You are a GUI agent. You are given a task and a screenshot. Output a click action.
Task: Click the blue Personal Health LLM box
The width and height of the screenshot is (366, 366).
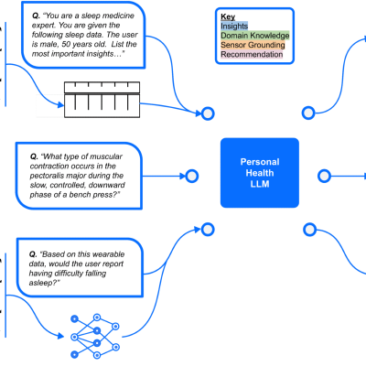click(x=260, y=173)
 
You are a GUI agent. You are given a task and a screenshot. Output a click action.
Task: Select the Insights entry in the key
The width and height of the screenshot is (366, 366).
click(x=234, y=26)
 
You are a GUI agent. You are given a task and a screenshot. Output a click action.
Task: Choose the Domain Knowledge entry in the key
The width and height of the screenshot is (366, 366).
click(x=255, y=36)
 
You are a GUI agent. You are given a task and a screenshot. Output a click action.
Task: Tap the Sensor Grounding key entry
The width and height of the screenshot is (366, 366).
click(x=253, y=45)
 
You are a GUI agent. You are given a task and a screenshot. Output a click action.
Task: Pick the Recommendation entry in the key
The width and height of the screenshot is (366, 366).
click(x=252, y=54)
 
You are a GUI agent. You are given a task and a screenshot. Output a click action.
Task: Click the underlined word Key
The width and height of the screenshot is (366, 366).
click(x=228, y=16)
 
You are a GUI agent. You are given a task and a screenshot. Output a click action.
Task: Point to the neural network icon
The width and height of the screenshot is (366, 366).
click(x=95, y=337)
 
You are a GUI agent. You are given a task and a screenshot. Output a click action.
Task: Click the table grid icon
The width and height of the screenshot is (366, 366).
click(x=102, y=100)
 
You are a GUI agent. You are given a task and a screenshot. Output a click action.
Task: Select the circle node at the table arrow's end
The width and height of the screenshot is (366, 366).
click(x=208, y=113)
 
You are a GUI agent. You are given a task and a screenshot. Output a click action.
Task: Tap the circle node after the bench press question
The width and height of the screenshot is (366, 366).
click(x=192, y=176)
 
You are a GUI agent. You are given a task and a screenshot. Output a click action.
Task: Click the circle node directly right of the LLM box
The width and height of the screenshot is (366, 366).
click(x=324, y=176)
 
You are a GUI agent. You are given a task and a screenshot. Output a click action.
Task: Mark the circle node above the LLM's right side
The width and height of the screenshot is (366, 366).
click(x=308, y=113)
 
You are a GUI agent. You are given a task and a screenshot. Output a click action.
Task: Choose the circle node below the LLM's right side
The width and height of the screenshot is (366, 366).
click(x=310, y=230)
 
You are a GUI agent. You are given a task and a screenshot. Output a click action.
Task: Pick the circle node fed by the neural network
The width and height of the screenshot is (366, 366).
click(x=208, y=230)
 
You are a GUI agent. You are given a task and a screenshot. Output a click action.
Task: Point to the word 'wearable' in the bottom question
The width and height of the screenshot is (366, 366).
click(x=108, y=254)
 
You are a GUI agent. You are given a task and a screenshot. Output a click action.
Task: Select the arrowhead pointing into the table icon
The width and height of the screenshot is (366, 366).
click(x=60, y=105)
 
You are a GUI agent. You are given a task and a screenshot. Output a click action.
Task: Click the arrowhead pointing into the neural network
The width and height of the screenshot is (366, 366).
click(x=60, y=336)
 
